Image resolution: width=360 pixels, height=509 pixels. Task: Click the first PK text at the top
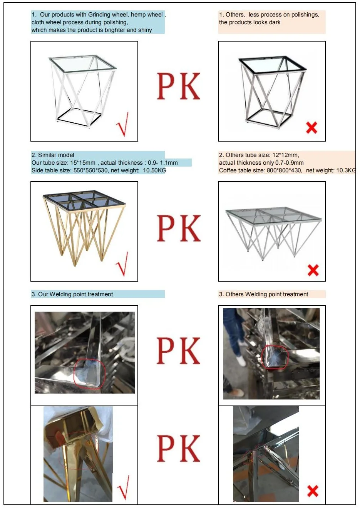(178, 87)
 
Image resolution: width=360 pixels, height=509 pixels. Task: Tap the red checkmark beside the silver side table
(123, 125)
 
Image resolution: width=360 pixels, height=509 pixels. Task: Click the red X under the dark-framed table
(311, 127)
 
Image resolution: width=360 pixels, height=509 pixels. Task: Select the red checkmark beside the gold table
(123, 264)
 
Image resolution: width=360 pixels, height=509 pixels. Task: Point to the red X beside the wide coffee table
(313, 270)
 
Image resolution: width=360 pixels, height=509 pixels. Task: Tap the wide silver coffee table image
(273, 231)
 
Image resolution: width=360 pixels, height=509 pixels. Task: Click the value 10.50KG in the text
(154, 170)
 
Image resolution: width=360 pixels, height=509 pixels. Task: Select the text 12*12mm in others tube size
(285, 155)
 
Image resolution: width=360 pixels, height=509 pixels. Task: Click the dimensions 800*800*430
(284, 170)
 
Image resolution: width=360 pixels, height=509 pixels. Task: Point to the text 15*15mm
(82, 163)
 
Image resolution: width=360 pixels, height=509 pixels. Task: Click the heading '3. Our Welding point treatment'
(72, 294)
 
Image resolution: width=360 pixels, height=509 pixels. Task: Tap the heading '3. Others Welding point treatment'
(263, 294)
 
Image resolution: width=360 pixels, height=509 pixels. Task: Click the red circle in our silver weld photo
(89, 372)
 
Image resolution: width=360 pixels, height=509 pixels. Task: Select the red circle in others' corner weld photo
(275, 357)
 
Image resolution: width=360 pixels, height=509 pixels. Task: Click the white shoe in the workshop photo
(241, 360)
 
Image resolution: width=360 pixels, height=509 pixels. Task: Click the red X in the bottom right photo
(313, 491)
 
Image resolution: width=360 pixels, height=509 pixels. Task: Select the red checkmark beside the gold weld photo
(123, 487)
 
